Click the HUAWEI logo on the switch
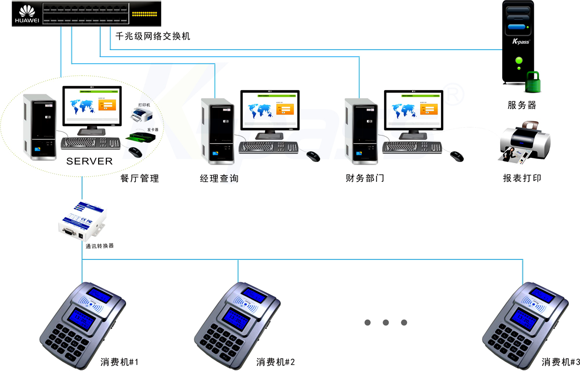pyautogui.click(x=26, y=14)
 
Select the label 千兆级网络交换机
pyautogui.click(x=153, y=36)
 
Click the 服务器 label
pyautogui.click(x=521, y=105)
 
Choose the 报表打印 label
pyautogui.click(x=521, y=178)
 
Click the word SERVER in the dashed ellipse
pyautogui.click(x=90, y=161)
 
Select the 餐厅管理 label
pyautogui.click(x=139, y=178)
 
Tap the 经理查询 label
pyautogui.click(x=219, y=178)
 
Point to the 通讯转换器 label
pyautogui.click(x=100, y=246)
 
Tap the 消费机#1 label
pyautogui.click(x=120, y=362)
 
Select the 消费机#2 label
pyautogui.click(x=276, y=362)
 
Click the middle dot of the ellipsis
pyautogui.click(x=386, y=322)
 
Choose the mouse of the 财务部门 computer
pyautogui.click(x=456, y=156)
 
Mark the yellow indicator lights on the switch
pyautogui.click(x=144, y=13)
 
